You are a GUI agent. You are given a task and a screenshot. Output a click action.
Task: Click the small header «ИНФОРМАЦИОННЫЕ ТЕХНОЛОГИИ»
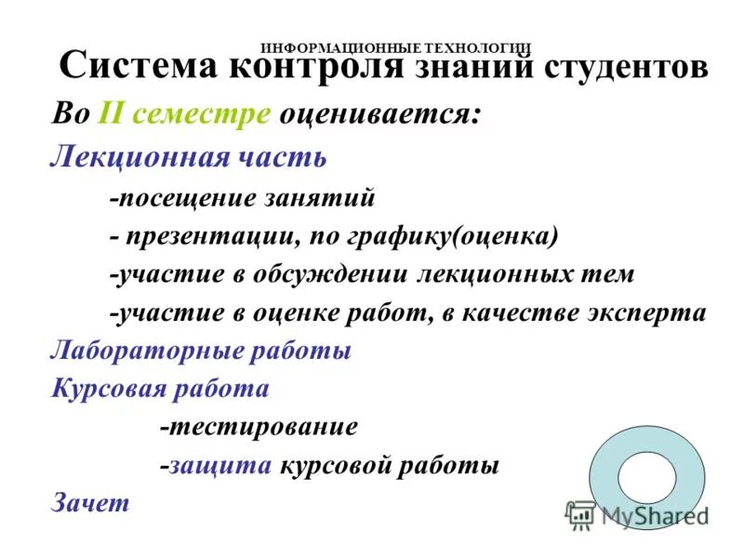point(395,46)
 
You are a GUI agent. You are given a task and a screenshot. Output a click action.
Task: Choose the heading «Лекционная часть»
point(187,155)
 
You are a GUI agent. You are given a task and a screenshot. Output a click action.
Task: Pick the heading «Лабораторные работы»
point(199,352)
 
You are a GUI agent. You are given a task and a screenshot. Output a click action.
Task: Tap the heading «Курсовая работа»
point(159,389)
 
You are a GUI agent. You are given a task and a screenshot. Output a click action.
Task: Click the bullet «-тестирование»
point(259,427)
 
